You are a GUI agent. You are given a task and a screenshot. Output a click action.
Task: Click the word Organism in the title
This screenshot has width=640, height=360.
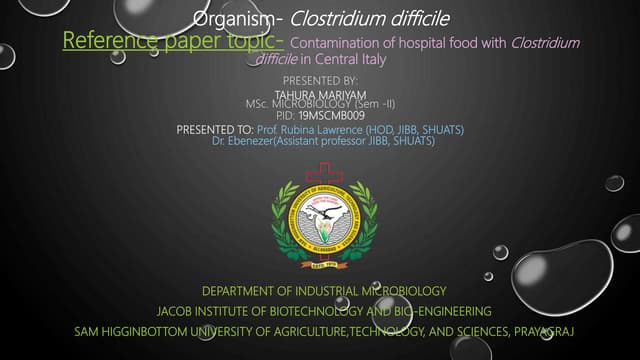pyautogui.click(x=227, y=18)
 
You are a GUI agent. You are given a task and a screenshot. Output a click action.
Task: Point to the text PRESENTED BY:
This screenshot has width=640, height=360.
pyautogui.click(x=320, y=79)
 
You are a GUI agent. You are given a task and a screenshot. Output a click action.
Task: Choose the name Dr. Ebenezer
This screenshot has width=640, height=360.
pyautogui.click(x=238, y=141)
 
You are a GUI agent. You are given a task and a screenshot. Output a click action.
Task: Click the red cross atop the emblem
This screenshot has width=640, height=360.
pyautogui.click(x=324, y=171)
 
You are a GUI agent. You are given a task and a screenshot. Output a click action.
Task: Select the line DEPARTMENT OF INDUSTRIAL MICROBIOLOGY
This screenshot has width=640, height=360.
pyautogui.click(x=323, y=291)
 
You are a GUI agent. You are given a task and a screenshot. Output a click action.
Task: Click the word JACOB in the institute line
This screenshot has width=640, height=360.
pyautogui.click(x=177, y=311)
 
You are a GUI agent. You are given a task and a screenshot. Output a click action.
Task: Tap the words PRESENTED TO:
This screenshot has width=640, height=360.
pyautogui.click(x=214, y=130)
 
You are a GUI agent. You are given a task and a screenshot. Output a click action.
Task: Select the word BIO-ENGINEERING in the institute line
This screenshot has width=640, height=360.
pyautogui.click(x=441, y=311)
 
